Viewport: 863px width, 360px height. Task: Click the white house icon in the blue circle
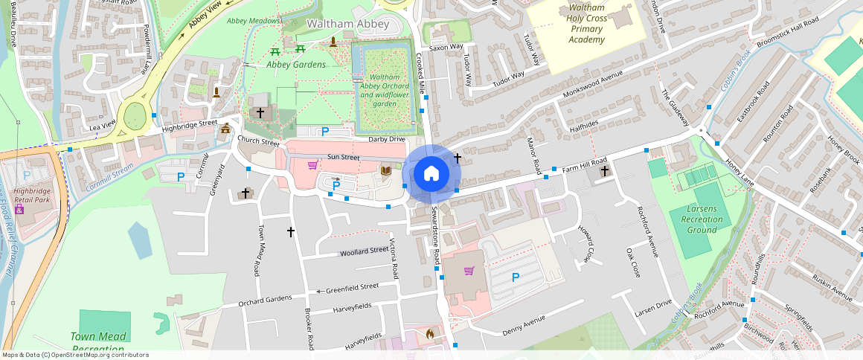click(x=431, y=174)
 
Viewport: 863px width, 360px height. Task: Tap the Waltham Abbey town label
click(x=348, y=25)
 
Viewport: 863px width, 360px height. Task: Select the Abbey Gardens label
click(x=296, y=65)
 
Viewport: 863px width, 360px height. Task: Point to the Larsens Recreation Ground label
click(x=702, y=219)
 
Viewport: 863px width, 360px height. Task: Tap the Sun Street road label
click(x=343, y=158)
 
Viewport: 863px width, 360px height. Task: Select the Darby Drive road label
click(x=387, y=139)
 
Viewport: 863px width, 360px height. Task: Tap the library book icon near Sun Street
click(x=385, y=172)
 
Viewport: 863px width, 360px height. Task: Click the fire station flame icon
click(x=429, y=334)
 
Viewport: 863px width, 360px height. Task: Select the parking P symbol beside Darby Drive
click(x=324, y=132)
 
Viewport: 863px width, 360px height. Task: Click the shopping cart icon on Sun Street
click(x=312, y=164)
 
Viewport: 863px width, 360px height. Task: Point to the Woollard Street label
click(x=364, y=252)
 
